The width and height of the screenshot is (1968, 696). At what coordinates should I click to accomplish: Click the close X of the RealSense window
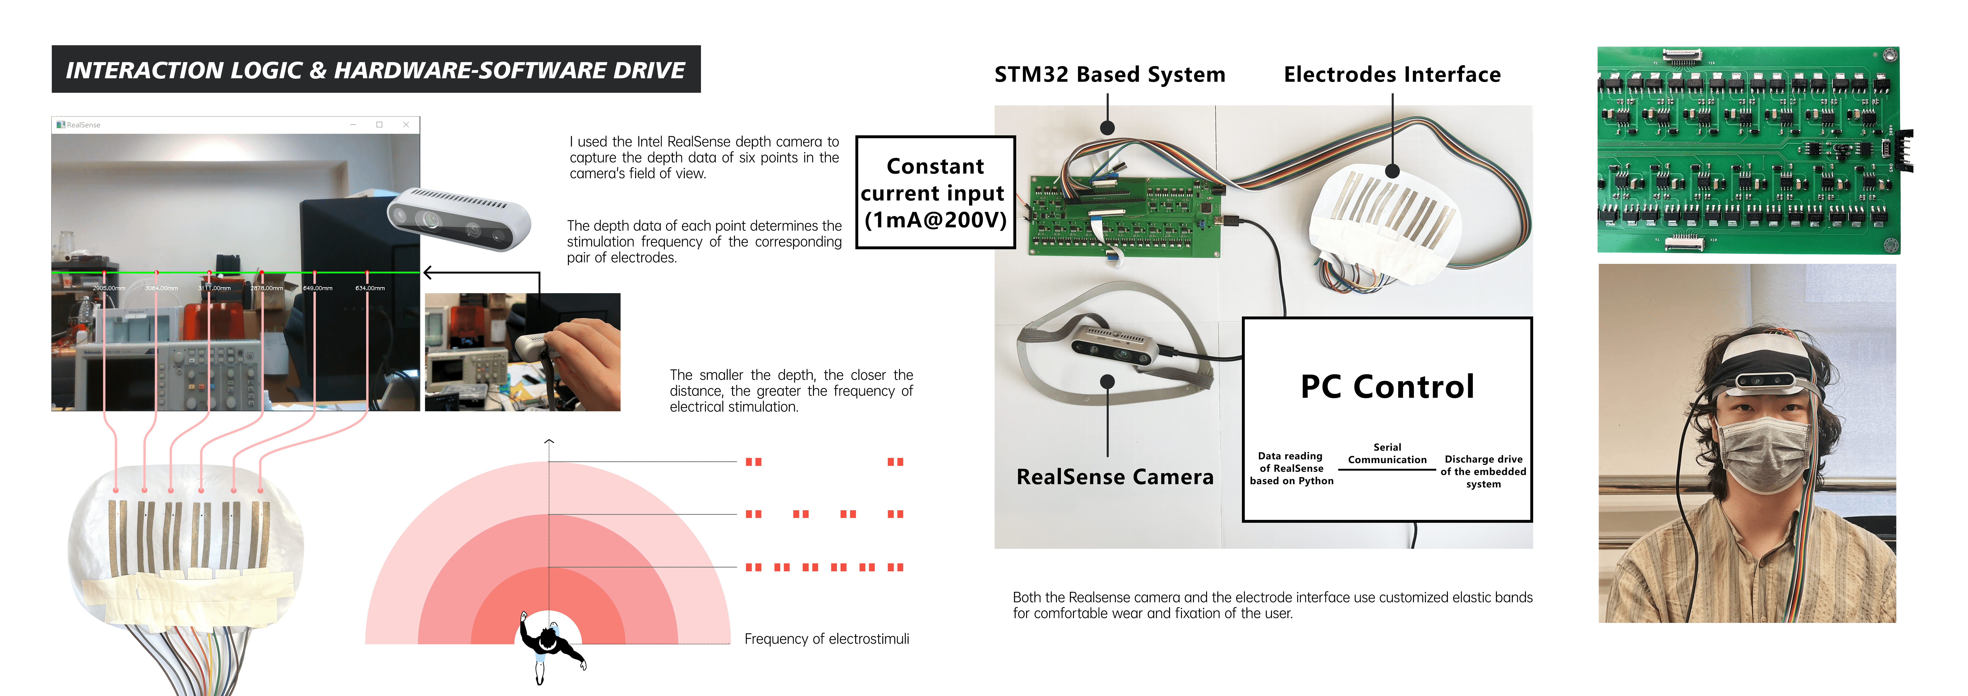406,124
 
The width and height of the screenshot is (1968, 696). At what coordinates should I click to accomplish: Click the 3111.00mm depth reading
215,288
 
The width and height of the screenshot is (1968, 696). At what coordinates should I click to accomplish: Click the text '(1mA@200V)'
935,220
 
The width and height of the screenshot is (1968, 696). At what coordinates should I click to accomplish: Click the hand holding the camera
585,355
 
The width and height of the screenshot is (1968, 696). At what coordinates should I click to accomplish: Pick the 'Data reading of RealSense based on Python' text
1291,468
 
